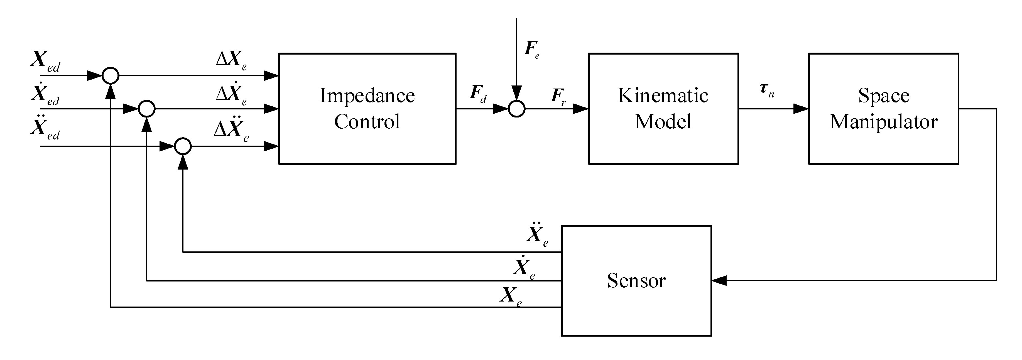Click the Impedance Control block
[367, 108]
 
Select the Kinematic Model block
[663, 108]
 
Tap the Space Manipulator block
[884, 108]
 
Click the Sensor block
[636, 281]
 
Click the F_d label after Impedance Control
[478, 94]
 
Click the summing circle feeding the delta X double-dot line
[183, 146]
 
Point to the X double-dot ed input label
[45, 128]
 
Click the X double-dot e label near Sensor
[537, 235]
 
